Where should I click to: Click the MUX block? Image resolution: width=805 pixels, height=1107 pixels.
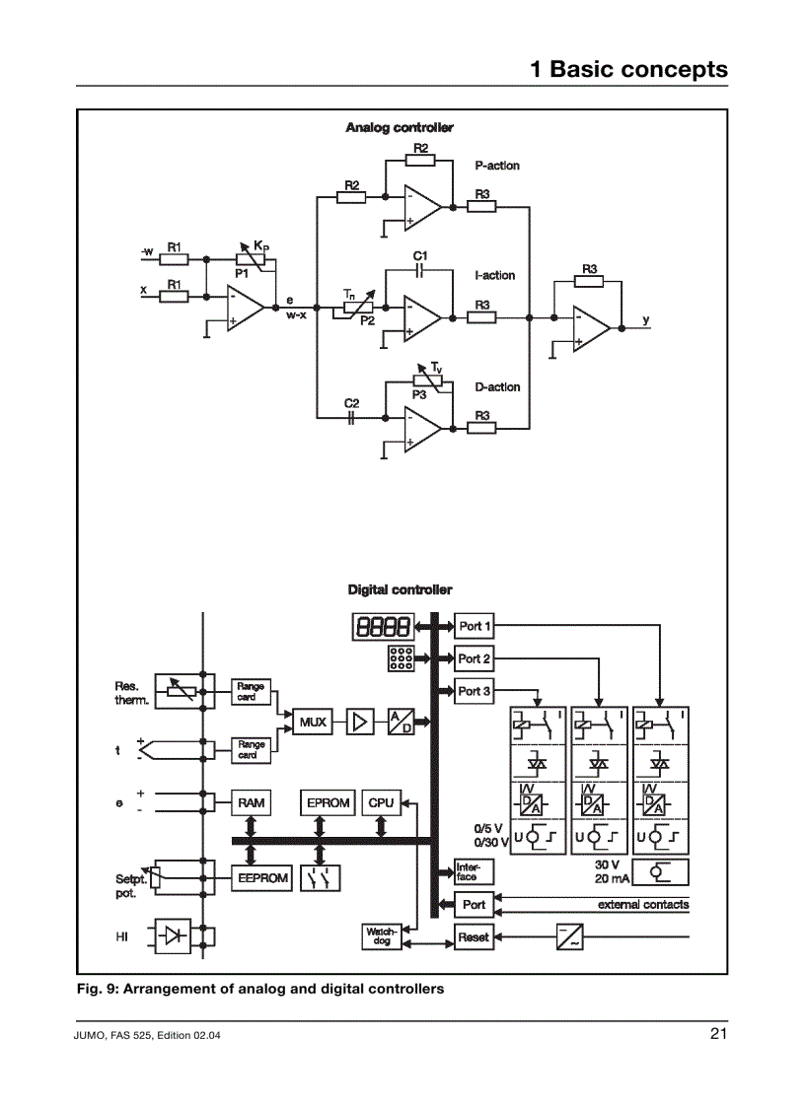[313, 722]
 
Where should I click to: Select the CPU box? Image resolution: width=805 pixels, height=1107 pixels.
[381, 803]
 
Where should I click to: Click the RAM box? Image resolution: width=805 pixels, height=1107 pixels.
[252, 803]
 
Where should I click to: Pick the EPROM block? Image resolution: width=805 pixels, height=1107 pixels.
[329, 803]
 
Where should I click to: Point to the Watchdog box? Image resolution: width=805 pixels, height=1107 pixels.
[381, 936]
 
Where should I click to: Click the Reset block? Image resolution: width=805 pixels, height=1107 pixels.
[474, 936]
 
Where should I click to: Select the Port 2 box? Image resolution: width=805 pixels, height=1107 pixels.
[475, 658]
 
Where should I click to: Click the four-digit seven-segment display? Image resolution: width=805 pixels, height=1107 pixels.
[381, 626]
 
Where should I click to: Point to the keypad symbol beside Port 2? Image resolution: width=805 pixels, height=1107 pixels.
[400, 659]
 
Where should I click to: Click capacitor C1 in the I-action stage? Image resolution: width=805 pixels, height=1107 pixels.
[419, 269]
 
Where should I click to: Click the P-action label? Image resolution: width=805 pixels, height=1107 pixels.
[497, 166]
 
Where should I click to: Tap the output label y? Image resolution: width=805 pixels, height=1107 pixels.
[646, 319]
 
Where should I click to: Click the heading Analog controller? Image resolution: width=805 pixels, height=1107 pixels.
[400, 128]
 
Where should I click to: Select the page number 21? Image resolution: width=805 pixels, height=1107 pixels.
[717, 1033]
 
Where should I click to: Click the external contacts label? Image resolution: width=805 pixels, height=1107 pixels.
[643, 904]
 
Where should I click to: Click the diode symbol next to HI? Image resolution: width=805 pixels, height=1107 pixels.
[172, 936]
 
